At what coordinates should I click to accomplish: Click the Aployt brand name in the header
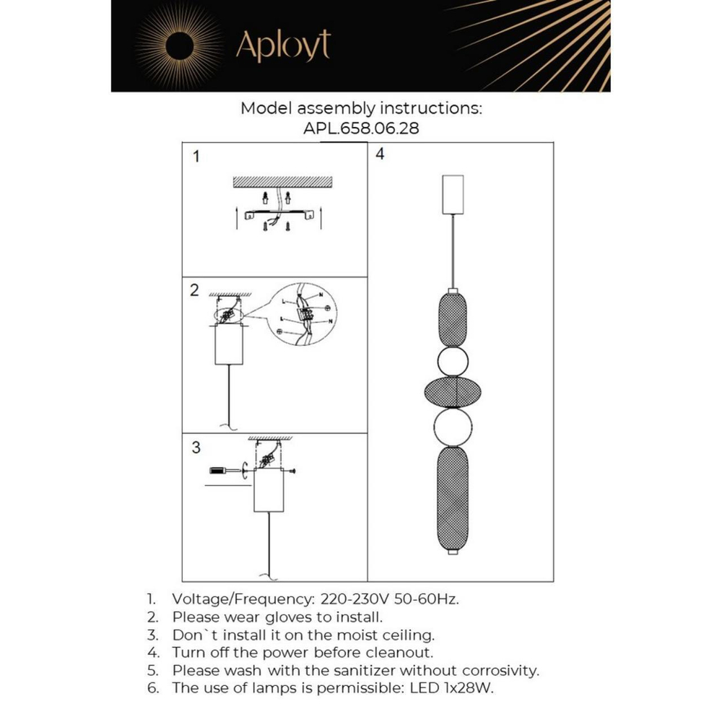click(x=283, y=45)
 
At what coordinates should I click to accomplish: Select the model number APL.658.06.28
click(x=361, y=129)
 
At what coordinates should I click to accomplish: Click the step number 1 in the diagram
click(x=196, y=157)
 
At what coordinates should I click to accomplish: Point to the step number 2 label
click(x=194, y=291)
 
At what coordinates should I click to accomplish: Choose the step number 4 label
click(x=380, y=154)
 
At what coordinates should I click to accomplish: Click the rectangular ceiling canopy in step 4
click(x=453, y=193)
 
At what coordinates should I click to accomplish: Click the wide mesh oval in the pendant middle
click(x=453, y=391)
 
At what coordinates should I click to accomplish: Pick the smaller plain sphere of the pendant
click(x=453, y=361)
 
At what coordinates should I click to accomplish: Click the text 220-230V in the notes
click(x=348, y=599)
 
